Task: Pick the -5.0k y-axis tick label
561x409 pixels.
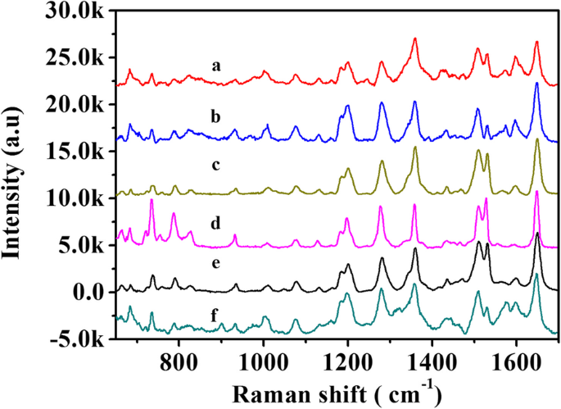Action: pyautogui.click(x=79, y=339)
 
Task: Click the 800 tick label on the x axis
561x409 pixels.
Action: pyautogui.click(x=179, y=358)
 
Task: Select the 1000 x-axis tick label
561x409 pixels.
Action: pyautogui.click(x=263, y=358)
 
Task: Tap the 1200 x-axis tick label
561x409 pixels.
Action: pyautogui.click(x=347, y=358)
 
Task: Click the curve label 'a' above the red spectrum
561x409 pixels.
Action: pyautogui.click(x=215, y=66)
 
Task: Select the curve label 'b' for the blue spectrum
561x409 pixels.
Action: pyautogui.click(x=215, y=117)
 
